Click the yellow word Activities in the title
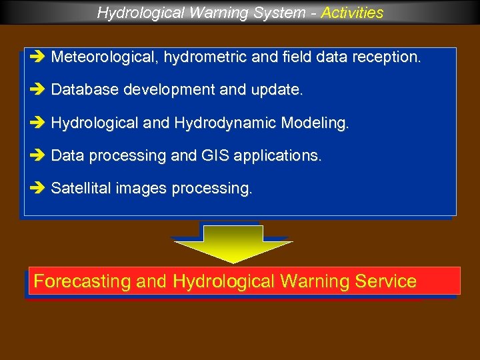click(352, 13)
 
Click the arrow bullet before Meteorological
click(37, 57)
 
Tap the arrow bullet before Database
click(37, 90)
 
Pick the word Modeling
click(315, 123)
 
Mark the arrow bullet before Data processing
click(37, 156)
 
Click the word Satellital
click(81, 189)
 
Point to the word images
click(141, 189)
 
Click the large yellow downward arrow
click(233, 243)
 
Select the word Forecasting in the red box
click(82, 281)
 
